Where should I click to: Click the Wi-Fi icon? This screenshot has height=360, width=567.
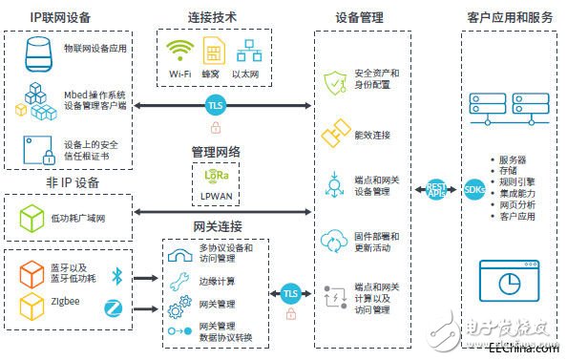coord(178,51)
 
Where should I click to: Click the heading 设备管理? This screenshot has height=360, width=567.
coord(359,17)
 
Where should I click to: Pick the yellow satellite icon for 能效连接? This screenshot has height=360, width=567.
coord(336,133)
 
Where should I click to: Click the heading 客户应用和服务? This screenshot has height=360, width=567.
coord(510,17)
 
